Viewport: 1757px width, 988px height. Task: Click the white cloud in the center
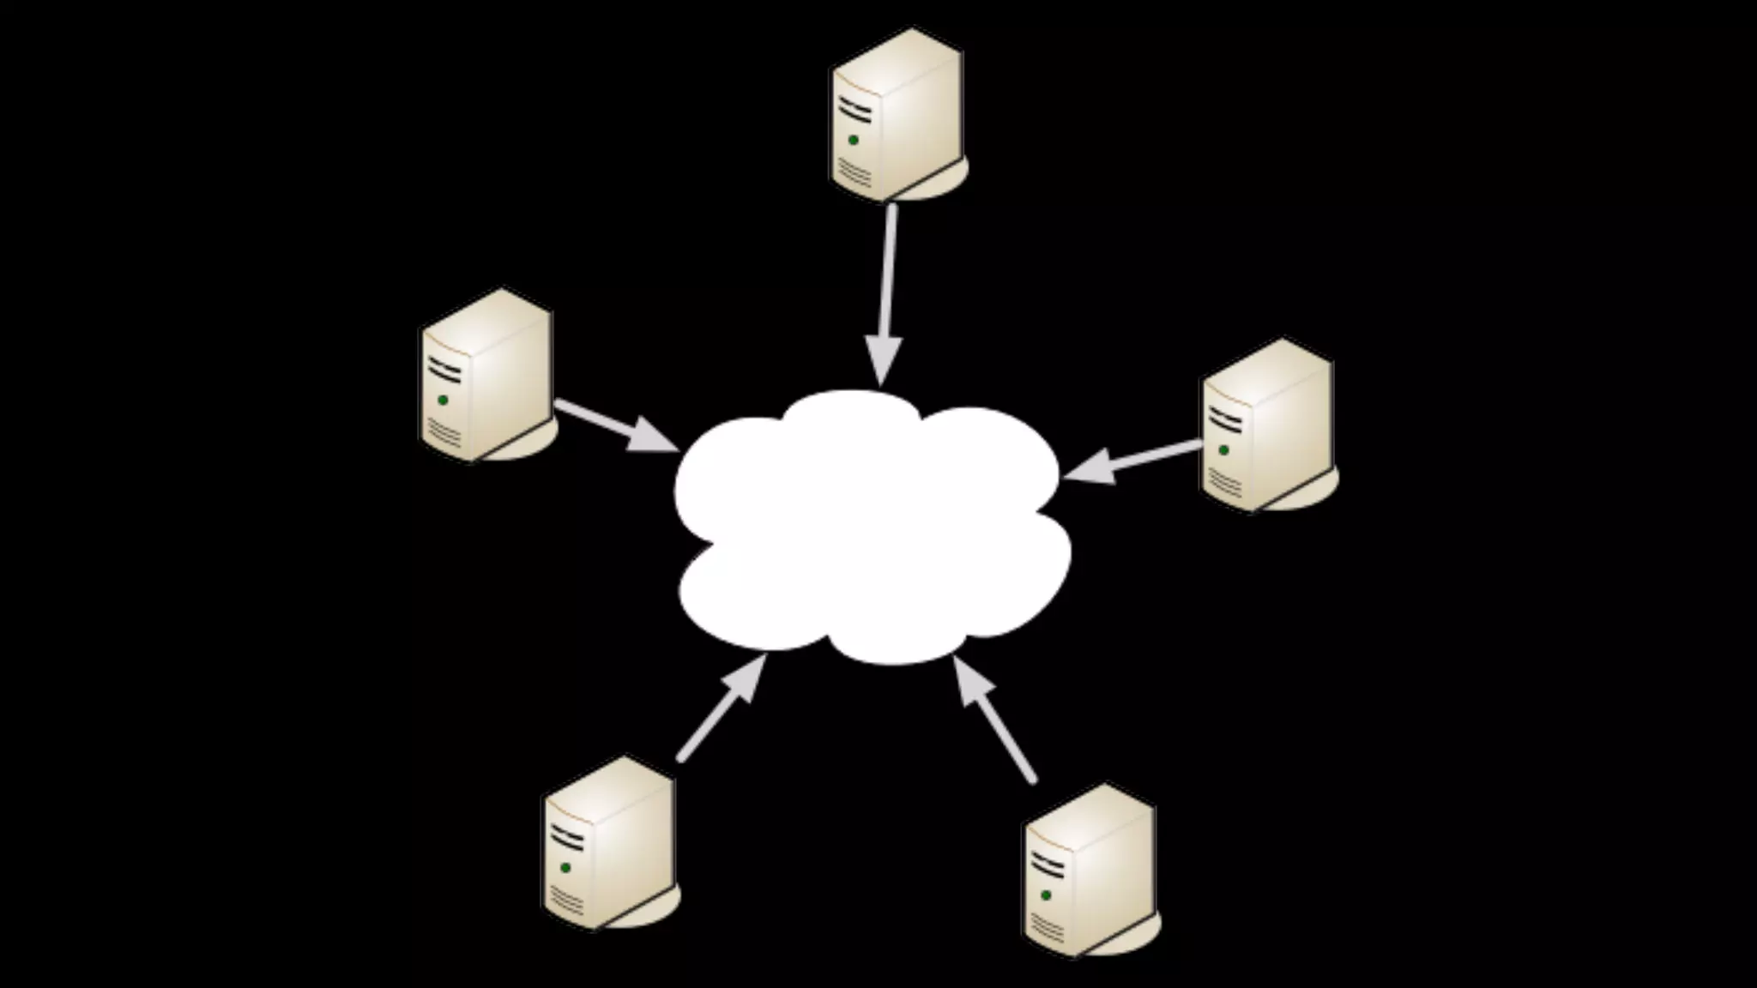click(871, 527)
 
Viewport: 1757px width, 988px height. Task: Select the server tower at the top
click(897, 116)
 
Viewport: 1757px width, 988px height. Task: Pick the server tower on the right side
click(1268, 425)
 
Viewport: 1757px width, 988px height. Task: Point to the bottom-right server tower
click(1090, 871)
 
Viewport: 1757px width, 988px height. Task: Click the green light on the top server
click(853, 140)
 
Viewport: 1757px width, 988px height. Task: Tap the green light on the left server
click(443, 400)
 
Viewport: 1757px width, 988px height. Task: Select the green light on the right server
click(1223, 449)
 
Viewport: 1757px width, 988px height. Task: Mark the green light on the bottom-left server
click(565, 867)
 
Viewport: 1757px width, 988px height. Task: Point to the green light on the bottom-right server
click(1046, 895)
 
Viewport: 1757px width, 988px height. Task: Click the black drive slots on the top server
click(854, 109)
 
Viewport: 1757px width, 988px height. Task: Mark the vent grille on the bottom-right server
click(1048, 927)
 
